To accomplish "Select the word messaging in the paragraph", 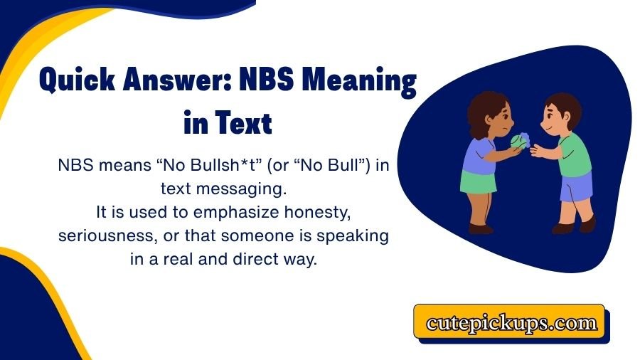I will click(x=258, y=189).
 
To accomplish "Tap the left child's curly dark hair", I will click(x=484, y=107).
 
